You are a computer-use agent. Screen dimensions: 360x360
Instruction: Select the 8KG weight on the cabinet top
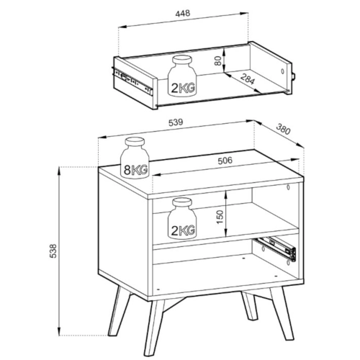click(x=135, y=158)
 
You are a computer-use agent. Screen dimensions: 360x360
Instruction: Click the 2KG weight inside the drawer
click(x=182, y=76)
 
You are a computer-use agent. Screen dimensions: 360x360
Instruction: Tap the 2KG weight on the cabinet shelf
click(x=182, y=218)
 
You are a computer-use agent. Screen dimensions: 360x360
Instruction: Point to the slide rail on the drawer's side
click(x=132, y=81)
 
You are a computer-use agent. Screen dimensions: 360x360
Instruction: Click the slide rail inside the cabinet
click(x=276, y=248)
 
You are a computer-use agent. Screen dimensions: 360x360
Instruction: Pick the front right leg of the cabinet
click(x=282, y=313)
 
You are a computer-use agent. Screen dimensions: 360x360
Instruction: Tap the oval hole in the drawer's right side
click(x=282, y=71)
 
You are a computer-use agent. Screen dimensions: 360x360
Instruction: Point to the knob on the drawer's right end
click(x=294, y=76)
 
